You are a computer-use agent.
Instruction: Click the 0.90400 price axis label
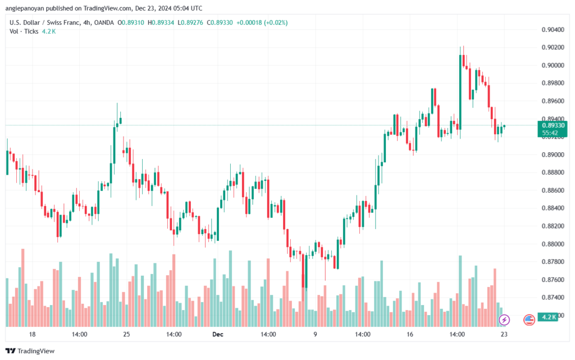tap(553, 30)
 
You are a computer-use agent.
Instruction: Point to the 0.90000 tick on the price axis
tap(553, 65)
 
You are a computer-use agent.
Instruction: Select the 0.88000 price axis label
tap(553, 244)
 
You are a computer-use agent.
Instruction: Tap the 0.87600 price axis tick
tap(553, 280)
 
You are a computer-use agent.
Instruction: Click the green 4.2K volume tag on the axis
tap(548, 317)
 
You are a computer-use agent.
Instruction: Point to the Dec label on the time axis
tap(217, 334)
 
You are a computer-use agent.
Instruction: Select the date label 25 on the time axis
tap(126, 334)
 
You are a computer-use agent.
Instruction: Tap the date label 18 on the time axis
tap(32, 334)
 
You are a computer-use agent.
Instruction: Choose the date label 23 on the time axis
tap(504, 334)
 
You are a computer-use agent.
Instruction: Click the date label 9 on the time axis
tap(315, 334)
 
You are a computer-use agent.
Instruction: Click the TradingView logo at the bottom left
tap(30, 351)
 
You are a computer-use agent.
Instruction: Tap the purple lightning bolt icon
tap(504, 320)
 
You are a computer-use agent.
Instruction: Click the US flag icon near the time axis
tap(529, 320)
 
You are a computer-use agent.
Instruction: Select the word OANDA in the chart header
tap(104, 22)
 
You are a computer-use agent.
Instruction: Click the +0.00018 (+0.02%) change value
tap(262, 22)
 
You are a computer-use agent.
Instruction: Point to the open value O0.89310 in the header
tap(130, 22)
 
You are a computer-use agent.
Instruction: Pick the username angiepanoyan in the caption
tap(25, 8)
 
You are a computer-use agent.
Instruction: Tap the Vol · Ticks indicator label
tap(24, 31)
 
